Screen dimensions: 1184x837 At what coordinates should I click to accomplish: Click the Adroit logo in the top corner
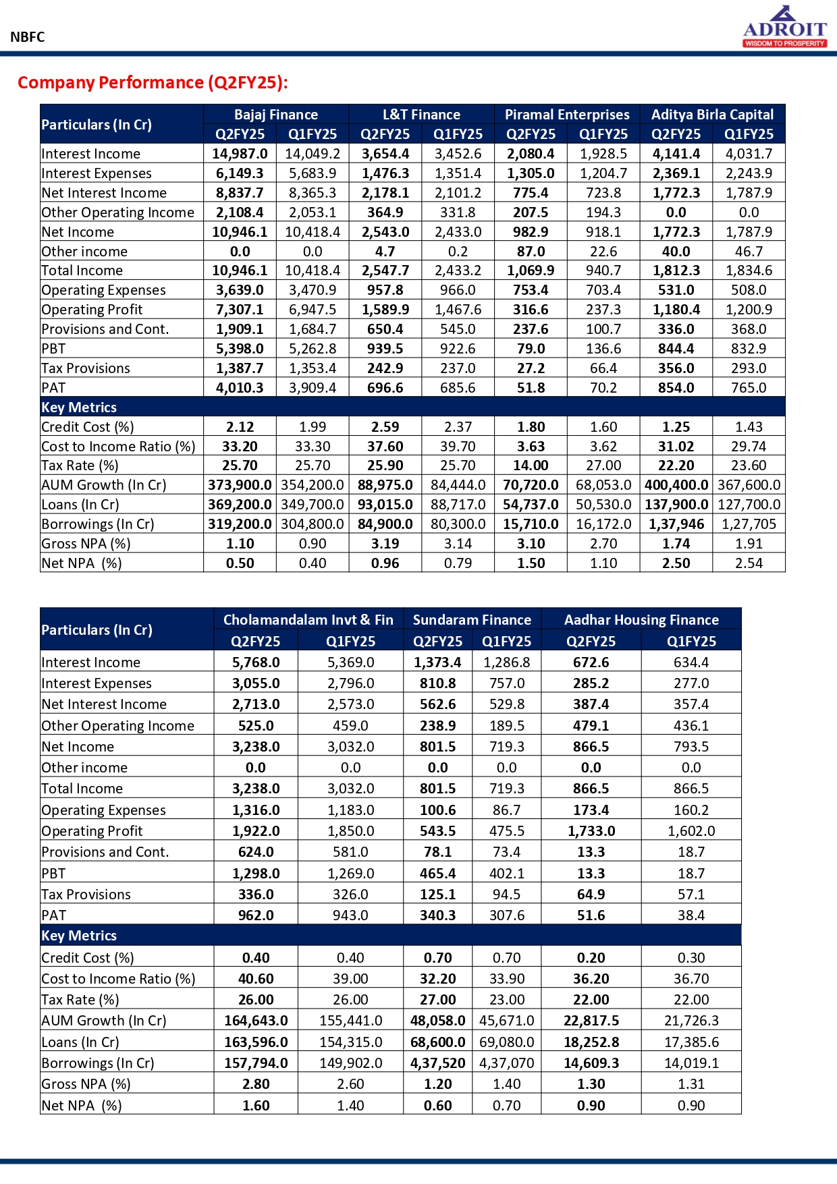784,27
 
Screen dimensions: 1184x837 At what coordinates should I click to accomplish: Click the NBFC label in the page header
28,37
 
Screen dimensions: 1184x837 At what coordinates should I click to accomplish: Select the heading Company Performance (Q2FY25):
153,82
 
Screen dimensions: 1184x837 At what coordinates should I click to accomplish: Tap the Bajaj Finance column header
276,115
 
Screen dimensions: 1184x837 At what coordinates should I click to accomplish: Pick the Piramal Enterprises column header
567,115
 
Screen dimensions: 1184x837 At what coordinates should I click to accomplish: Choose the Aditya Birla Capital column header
712,115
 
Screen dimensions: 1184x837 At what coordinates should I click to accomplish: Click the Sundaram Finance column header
472,619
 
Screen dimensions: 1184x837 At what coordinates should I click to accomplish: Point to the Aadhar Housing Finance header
641,619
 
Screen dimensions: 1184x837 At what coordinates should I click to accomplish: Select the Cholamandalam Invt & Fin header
308,619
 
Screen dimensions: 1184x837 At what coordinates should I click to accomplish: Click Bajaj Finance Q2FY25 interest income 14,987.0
240,154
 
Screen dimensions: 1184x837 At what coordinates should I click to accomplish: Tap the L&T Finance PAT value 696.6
385,388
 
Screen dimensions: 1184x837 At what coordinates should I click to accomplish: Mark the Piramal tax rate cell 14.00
531,466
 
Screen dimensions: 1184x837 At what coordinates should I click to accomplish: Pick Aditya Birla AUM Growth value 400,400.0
676,485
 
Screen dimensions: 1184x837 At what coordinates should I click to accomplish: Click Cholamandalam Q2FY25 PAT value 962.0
256,915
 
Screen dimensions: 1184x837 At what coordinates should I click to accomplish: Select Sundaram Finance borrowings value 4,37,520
437,1063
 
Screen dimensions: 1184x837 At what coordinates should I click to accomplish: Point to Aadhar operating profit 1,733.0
591,831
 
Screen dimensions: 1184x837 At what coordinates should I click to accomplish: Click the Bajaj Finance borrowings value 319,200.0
240,524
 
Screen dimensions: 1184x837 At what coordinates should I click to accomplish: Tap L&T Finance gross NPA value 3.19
385,544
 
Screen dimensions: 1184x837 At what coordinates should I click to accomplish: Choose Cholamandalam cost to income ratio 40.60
256,979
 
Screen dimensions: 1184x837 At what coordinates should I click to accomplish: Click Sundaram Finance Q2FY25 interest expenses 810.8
437,683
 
